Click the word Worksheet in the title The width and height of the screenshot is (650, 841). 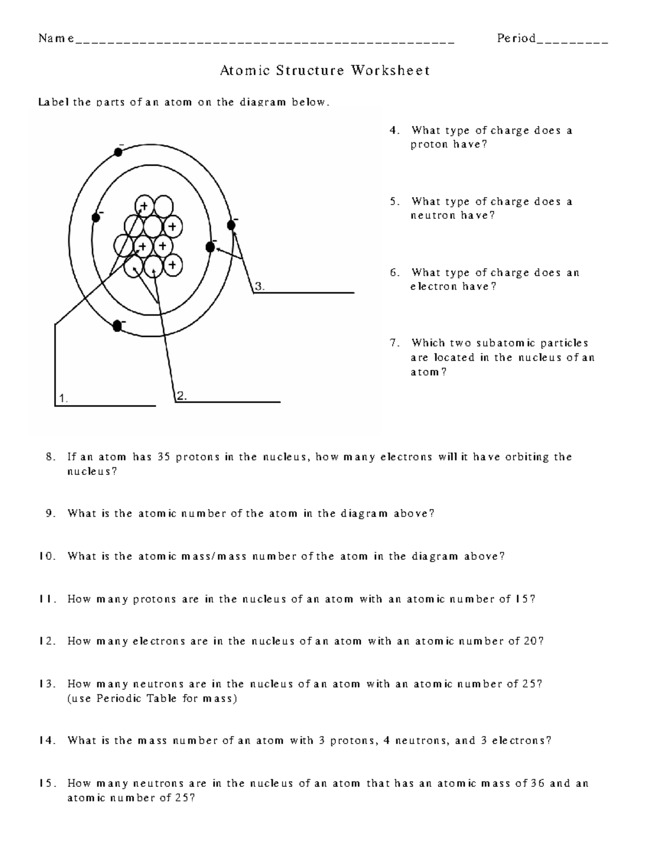pos(391,70)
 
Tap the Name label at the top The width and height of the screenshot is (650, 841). pos(56,38)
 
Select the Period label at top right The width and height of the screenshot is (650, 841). pos(516,38)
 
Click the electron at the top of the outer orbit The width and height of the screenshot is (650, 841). pos(118,152)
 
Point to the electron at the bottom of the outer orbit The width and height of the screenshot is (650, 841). pos(116,325)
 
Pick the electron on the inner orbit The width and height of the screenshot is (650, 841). pos(211,247)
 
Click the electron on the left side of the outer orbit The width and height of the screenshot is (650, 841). pos(97,217)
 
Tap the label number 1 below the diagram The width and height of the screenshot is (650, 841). pos(63,399)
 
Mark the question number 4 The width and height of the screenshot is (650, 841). pos(395,131)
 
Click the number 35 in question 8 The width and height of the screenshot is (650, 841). pos(164,457)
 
